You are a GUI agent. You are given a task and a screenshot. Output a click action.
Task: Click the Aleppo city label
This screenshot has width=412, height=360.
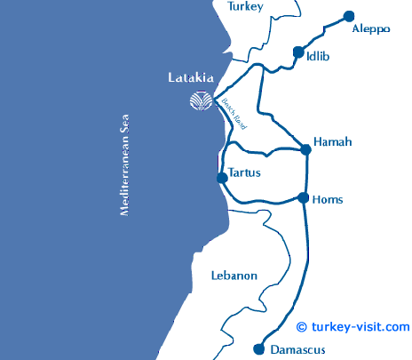point(371,28)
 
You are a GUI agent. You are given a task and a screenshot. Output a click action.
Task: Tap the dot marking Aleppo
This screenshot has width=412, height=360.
point(349,16)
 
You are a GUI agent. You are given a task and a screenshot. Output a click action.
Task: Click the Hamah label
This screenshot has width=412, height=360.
point(334,142)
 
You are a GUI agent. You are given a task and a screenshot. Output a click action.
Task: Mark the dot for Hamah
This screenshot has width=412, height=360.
point(306,149)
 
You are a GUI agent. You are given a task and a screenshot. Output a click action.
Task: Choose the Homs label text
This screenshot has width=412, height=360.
point(329,200)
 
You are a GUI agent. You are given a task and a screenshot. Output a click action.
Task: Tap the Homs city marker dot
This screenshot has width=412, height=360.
point(304,198)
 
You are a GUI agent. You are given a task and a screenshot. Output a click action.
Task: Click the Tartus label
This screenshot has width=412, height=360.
point(244,172)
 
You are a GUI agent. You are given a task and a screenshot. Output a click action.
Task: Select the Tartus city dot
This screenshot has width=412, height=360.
point(222,178)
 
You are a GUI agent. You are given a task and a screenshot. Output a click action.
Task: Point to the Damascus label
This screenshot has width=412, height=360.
point(297,348)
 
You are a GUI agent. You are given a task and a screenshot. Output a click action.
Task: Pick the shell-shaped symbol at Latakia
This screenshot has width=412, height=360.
point(202,101)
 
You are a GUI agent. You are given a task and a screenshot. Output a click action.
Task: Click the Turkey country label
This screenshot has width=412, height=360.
point(246,6)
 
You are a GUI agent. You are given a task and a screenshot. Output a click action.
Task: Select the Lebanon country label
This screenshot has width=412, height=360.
point(234,276)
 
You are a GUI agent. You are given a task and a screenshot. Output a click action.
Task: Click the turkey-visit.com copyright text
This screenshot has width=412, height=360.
point(360,326)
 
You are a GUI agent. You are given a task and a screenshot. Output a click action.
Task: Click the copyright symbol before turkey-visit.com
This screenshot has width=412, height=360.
point(302,327)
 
